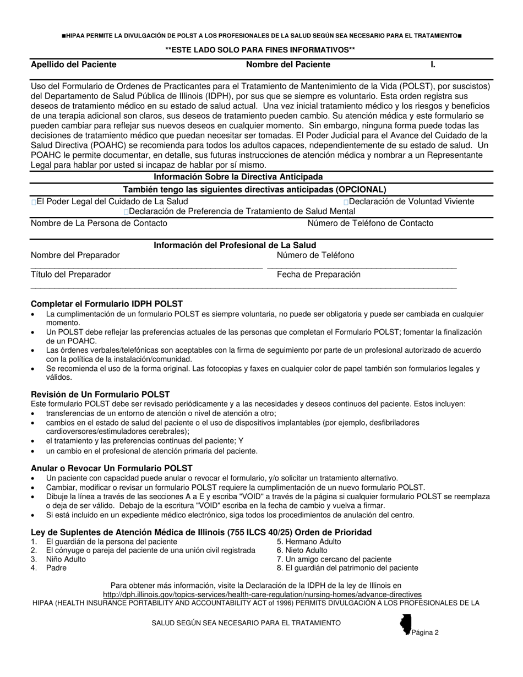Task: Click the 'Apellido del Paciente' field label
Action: (73, 64)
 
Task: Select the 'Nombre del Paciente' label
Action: (288, 64)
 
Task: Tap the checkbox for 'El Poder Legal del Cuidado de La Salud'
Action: (34, 202)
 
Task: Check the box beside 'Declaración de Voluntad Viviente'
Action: (346, 202)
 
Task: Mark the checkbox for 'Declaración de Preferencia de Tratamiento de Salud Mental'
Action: (127, 212)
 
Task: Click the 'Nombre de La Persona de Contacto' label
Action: (99, 223)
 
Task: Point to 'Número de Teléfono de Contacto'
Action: (370, 223)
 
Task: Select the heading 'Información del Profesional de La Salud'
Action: (235, 245)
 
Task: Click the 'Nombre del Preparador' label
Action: (75, 255)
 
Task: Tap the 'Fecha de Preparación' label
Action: (318, 274)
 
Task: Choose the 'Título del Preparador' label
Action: (70, 274)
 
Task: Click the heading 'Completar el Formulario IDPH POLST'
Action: (107, 304)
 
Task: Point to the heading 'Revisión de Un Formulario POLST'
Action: (100, 394)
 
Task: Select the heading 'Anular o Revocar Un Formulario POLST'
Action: (112, 468)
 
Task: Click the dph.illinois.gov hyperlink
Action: (262, 594)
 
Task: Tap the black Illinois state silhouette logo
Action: (406, 625)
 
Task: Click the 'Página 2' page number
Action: (425, 632)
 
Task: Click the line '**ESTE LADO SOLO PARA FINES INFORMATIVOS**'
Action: (260, 50)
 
